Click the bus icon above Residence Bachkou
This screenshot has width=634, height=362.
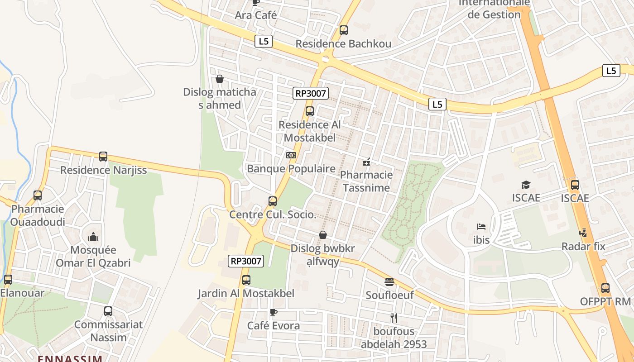click(344, 30)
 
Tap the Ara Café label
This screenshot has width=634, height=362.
click(255, 15)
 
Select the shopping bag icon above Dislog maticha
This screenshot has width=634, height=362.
click(220, 79)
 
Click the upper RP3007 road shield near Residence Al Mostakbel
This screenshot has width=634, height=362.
click(310, 94)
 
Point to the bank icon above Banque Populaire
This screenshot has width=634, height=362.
click(291, 155)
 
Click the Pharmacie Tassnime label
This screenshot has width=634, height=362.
click(366, 181)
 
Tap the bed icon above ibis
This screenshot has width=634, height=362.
click(481, 226)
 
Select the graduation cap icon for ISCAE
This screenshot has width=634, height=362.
click(526, 185)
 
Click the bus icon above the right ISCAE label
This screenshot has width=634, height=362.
click(575, 185)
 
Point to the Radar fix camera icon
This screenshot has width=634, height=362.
click(583, 233)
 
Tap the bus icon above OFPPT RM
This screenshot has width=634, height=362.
click(605, 288)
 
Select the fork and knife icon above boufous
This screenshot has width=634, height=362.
click(394, 318)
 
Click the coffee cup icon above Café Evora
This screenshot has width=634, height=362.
click(273, 312)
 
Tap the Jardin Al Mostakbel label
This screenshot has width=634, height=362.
click(246, 293)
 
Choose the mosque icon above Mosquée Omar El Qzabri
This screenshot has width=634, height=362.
click(93, 237)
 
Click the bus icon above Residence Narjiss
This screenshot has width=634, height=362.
click(103, 157)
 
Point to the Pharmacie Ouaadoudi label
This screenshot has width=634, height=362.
click(38, 215)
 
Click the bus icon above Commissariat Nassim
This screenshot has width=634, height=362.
click(108, 311)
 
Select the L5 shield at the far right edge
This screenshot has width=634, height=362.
click(611, 71)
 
